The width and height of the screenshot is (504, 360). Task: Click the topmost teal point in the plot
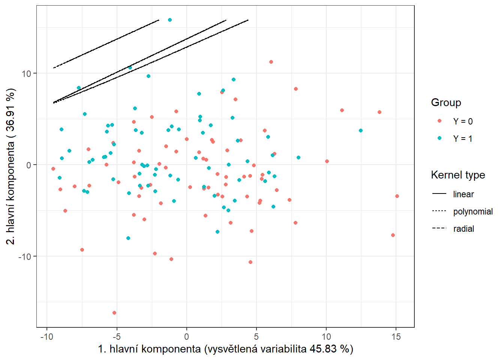coord(170,20)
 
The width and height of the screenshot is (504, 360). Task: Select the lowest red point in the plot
coord(114,313)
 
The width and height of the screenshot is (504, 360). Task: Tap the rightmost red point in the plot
coord(397,196)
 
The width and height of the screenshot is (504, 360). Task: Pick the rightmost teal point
coord(361,130)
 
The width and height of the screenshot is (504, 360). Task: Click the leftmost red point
coord(53,169)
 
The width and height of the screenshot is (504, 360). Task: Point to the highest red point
coord(271,62)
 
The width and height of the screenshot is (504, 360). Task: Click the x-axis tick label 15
coord(396,337)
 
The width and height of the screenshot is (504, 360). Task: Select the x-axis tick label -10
coord(46,337)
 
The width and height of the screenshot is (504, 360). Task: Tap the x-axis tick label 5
coord(256,337)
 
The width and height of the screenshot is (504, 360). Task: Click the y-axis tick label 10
coord(26,73)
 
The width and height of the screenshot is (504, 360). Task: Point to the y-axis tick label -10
coord(25,256)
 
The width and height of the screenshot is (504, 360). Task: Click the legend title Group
coord(446,103)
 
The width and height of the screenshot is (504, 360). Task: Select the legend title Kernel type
coord(458,175)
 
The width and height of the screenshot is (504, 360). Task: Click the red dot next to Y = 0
coord(439,121)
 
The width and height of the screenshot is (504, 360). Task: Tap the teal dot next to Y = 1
coord(439,138)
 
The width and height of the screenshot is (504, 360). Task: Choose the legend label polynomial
coord(473,211)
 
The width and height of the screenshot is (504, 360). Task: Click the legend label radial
coord(463,229)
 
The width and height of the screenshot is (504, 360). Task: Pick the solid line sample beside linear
coord(439,194)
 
